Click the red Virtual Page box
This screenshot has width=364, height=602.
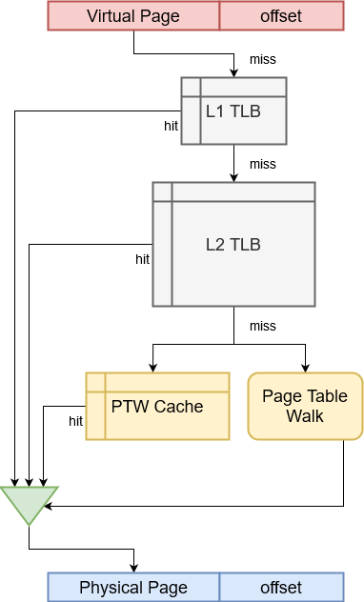(133, 16)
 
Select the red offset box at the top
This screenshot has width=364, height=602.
(280, 16)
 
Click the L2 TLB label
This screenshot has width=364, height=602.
(233, 244)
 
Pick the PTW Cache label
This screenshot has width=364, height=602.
(157, 407)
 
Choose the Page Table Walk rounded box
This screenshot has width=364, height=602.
(305, 406)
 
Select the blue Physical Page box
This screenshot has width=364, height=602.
(133, 587)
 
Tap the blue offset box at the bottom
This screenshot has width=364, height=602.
(280, 587)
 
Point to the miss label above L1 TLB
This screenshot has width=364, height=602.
(263, 60)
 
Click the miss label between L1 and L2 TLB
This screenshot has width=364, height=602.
(263, 165)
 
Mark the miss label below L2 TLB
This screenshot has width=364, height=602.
(263, 327)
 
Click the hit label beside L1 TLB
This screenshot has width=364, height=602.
(172, 125)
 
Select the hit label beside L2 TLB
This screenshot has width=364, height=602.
(143, 258)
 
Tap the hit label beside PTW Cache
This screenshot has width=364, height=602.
(76, 420)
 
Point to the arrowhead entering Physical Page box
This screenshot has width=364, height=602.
(133, 568)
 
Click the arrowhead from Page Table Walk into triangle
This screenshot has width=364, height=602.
(48, 506)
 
